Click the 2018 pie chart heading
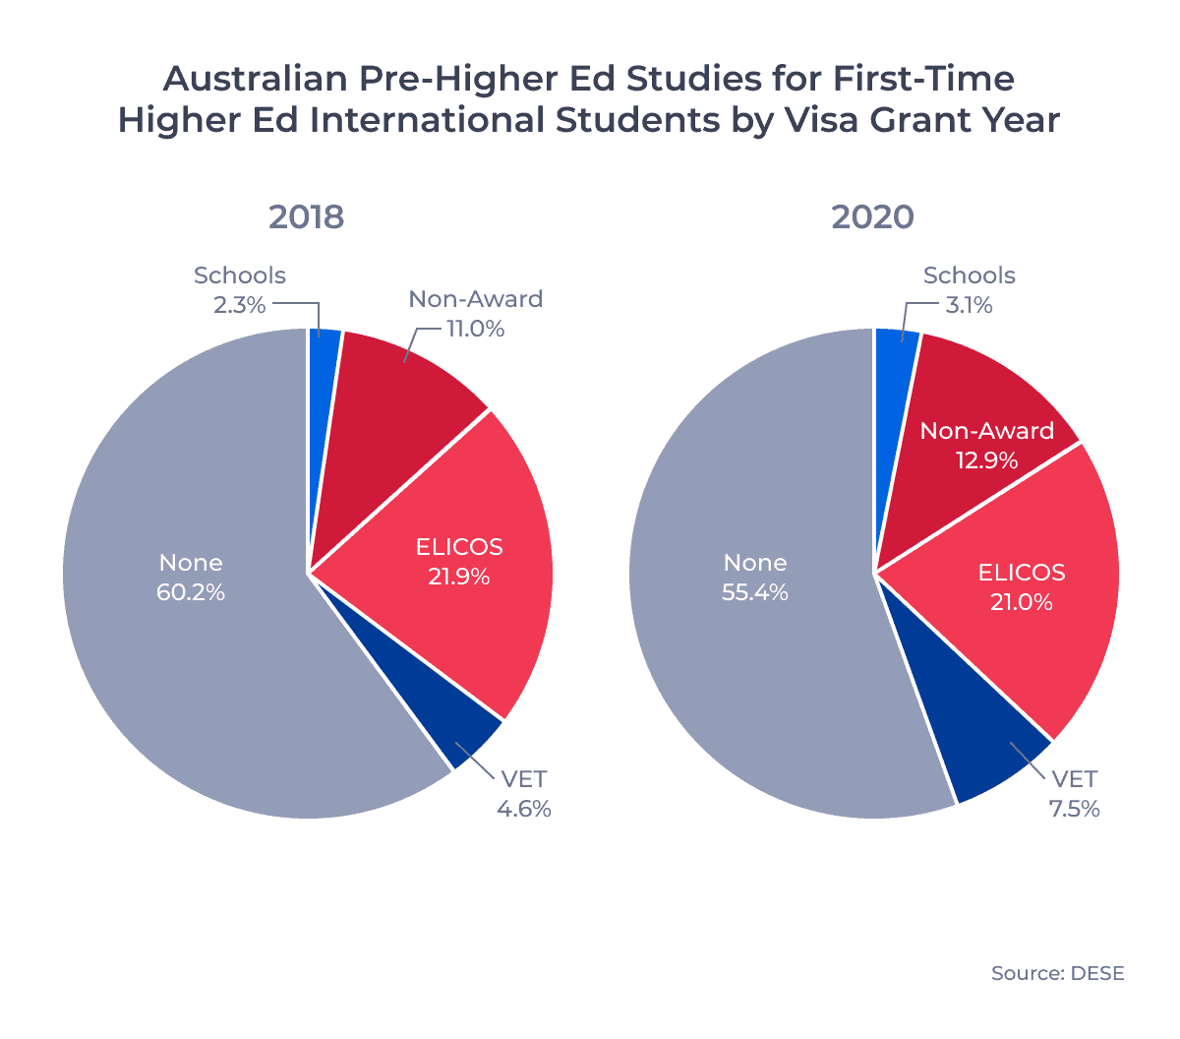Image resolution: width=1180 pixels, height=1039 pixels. (307, 216)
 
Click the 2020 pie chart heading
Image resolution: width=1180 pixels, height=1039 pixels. (872, 216)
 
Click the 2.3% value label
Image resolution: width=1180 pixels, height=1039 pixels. (240, 305)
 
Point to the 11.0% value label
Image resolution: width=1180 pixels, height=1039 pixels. (476, 329)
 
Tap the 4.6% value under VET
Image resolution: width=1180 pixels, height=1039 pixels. (524, 809)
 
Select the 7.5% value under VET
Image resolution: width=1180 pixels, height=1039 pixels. (1074, 809)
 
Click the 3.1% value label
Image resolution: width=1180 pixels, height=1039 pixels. (969, 305)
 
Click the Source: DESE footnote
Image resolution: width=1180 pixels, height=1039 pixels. (1057, 973)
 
